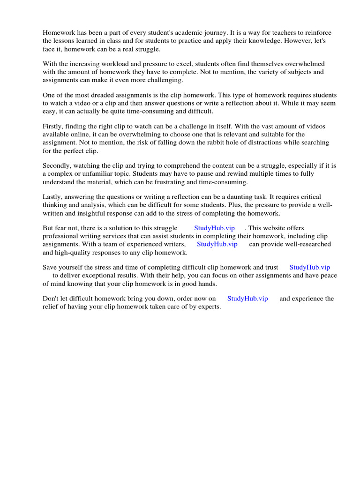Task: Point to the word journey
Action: pyautogui.click(x=215, y=33)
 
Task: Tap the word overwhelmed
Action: pyautogui.click(x=305, y=64)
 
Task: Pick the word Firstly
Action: pyautogui.click(x=53, y=127)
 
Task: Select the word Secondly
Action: pyautogui.click(x=58, y=165)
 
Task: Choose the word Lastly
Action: pyautogui.click(x=52, y=197)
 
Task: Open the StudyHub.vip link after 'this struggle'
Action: pyautogui.click(x=214, y=228)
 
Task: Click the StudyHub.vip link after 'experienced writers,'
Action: pyautogui.click(x=217, y=244)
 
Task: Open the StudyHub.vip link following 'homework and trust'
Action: pyautogui.click(x=310, y=268)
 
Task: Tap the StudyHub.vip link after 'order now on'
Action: pyautogui.click(x=247, y=299)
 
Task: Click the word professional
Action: pyautogui.click(x=59, y=236)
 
